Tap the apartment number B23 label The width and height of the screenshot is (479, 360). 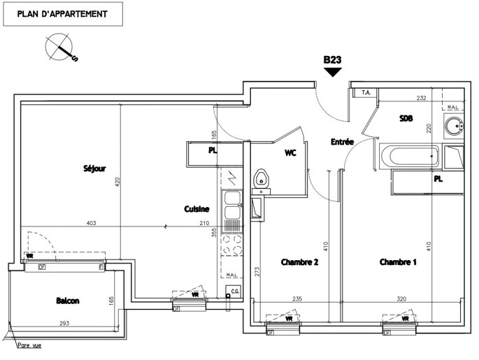pyautogui.click(x=332, y=61)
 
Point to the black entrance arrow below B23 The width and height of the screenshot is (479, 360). pyautogui.click(x=332, y=71)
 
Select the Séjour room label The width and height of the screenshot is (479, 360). pyautogui.click(x=94, y=168)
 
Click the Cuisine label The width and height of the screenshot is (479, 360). pyautogui.click(x=195, y=208)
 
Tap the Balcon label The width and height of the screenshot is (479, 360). pyautogui.click(x=67, y=301)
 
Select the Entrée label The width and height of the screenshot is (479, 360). pyautogui.click(x=341, y=142)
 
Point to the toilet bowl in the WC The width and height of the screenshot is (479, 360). pyautogui.click(x=261, y=178)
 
